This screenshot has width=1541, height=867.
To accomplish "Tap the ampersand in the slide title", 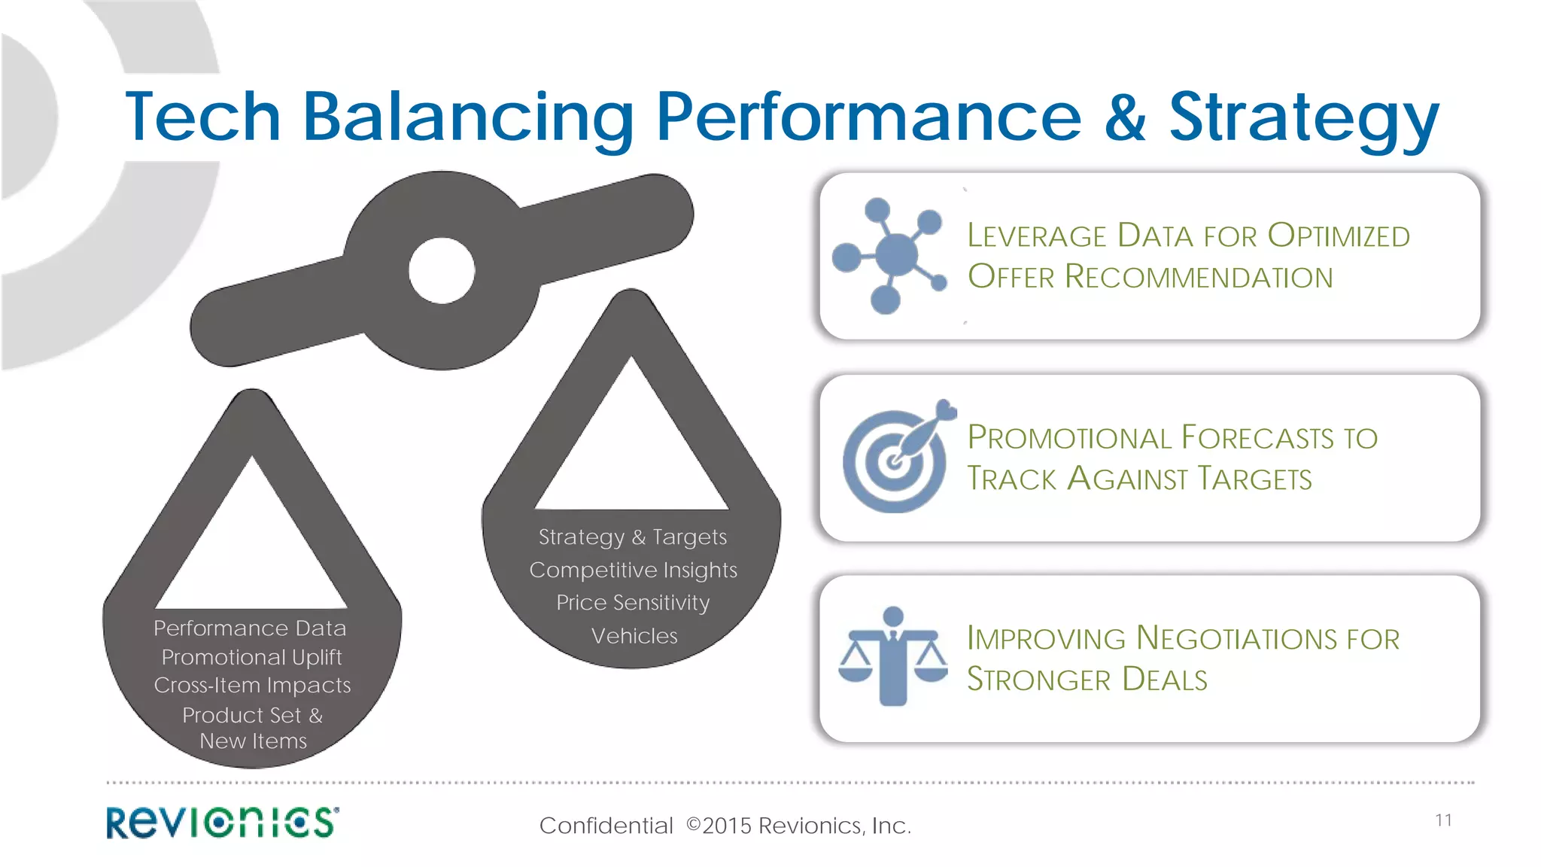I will [1125, 117].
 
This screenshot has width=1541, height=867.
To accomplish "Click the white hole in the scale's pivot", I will [442, 270].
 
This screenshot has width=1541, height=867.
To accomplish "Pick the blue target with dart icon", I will [898, 457].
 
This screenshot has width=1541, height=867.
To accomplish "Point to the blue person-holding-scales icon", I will [893, 656].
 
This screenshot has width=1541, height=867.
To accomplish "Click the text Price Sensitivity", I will [633, 603].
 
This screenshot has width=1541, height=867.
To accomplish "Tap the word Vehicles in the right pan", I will [634, 636].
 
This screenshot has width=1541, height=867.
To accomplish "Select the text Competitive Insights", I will [633, 570].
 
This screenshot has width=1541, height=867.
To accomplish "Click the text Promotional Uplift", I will [251, 657].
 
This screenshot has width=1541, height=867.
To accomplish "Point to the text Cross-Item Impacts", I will [252, 685].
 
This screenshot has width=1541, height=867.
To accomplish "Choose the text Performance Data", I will [250, 628].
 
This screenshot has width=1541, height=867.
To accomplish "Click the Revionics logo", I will [223, 822].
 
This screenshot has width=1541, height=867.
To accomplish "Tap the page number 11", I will [1443, 820].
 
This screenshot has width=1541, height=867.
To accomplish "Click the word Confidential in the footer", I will [606, 826].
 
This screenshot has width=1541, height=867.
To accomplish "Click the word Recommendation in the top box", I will [1199, 277].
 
